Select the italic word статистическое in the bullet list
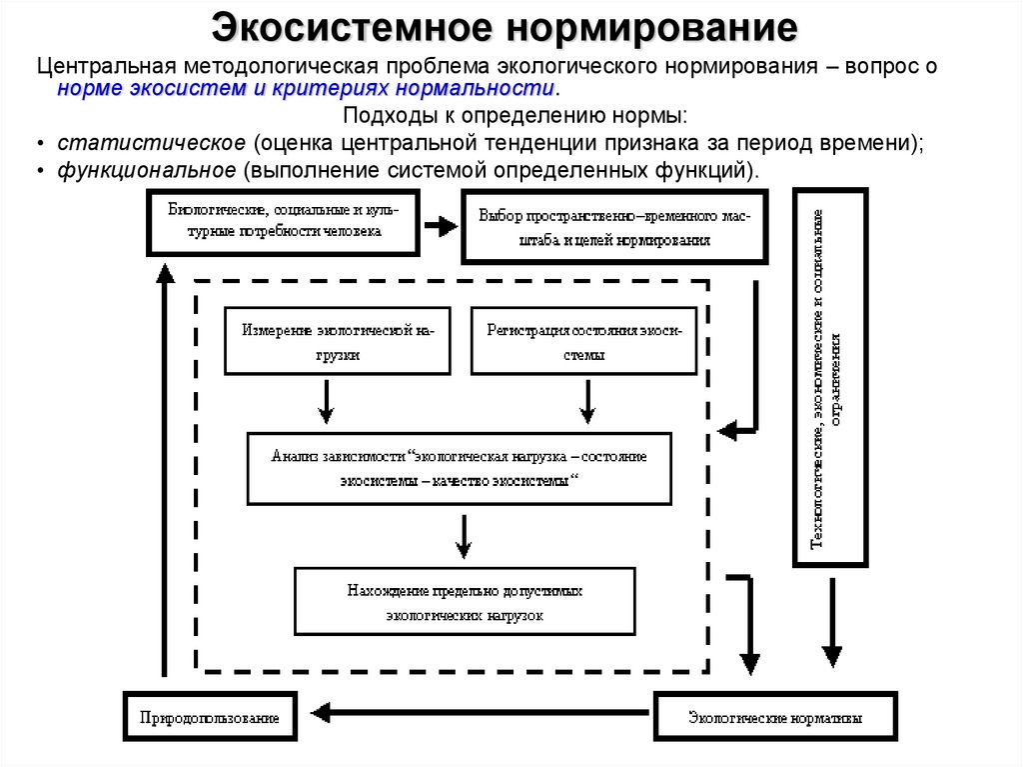click(151, 143)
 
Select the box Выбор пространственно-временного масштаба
click(614, 228)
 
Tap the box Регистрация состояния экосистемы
click(583, 341)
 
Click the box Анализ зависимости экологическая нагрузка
click(460, 468)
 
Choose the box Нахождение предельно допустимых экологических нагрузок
click(465, 602)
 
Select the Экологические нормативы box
click(775, 717)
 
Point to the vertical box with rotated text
click(829, 378)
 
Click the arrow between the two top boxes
click(441, 226)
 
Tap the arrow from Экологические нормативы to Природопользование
click(480, 713)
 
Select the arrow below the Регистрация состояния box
click(587, 402)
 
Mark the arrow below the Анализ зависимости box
click(463, 536)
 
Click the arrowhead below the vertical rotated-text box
click(832, 654)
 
